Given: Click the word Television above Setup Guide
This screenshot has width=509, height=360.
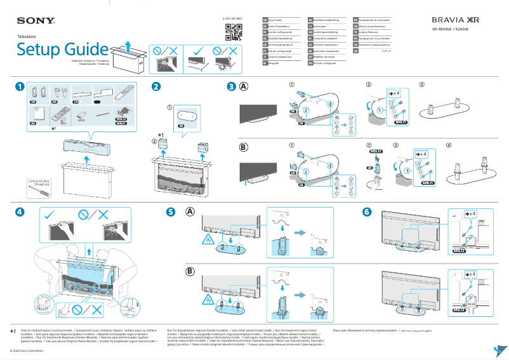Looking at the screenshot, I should (x=27, y=37).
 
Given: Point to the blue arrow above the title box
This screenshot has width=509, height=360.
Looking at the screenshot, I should (x=127, y=45).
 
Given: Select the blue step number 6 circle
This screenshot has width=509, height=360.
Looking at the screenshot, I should (x=366, y=211).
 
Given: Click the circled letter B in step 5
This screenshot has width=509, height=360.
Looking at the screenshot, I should (x=190, y=271).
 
